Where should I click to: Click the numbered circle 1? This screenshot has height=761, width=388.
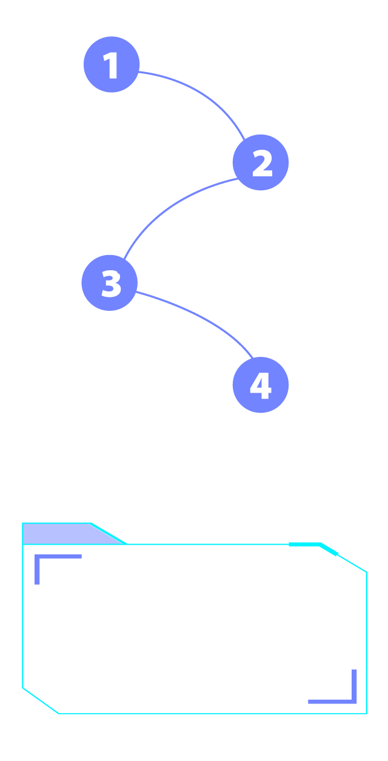(x=112, y=65)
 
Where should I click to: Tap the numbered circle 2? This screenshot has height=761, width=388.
(x=261, y=162)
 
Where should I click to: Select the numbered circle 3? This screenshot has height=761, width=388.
(x=110, y=283)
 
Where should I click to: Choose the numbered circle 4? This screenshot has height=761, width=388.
(x=260, y=385)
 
